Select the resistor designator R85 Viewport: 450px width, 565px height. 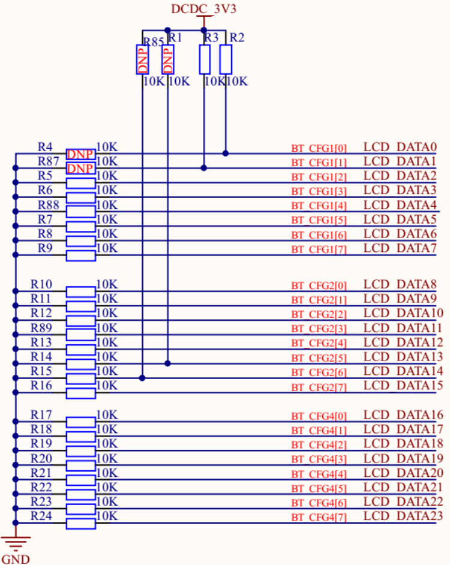152,41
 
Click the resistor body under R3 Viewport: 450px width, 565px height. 205,59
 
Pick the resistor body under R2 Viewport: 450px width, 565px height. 226,59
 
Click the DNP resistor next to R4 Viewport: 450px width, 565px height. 80,154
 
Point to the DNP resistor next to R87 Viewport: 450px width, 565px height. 80,169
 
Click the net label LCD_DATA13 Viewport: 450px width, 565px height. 403,357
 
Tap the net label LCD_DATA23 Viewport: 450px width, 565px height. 403,516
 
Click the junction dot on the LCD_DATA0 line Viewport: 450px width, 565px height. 226,154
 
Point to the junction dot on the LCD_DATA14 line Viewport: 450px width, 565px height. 142,378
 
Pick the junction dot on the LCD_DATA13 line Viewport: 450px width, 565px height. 168,363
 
